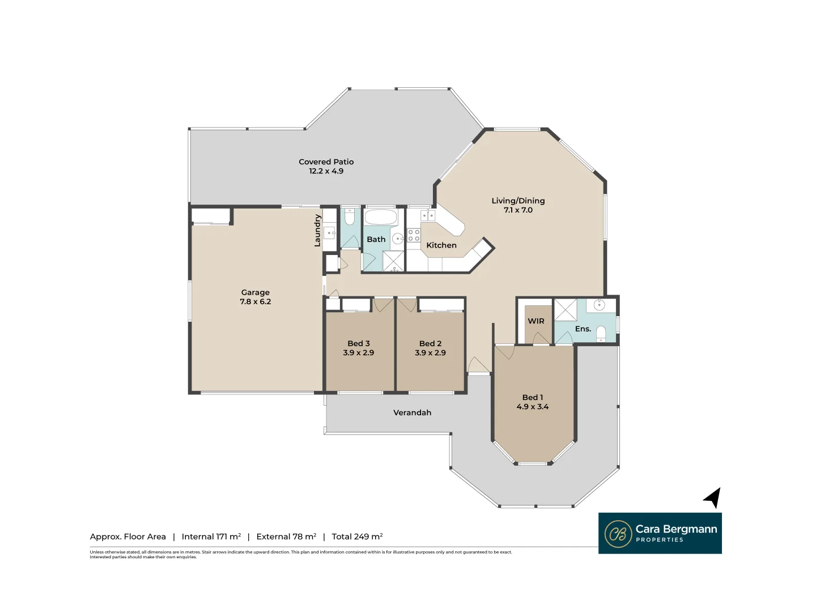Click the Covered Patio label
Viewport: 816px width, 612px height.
326,162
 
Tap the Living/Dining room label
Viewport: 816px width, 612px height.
518,201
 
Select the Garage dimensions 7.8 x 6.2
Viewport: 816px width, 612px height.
255,301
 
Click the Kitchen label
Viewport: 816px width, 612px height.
441,245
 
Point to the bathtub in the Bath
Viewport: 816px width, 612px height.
380,217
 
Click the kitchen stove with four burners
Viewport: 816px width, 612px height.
414,235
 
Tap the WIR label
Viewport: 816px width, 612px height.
535,321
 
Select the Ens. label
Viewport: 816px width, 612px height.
583,329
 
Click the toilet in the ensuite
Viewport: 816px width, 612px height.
601,334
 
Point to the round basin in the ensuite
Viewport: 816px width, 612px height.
600,305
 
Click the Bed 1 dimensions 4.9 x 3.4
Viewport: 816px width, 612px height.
532,407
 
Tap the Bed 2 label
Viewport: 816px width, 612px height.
430,343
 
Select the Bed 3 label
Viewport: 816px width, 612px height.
358,343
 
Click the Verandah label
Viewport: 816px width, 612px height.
412,413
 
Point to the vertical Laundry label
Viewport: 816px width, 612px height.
317,231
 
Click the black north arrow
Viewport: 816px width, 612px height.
713,498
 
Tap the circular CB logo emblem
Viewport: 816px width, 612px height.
618,534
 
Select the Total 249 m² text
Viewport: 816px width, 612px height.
357,537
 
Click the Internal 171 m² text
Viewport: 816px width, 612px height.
211,537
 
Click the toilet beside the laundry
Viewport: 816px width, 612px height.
350,216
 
